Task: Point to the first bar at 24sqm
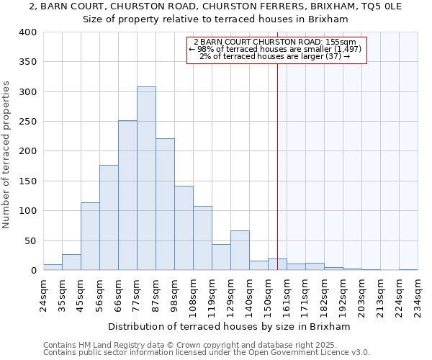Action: tap(53, 267)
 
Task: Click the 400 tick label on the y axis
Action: tap(27, 32)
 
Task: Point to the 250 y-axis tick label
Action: tap(27, 122)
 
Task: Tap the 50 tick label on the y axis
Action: tap(30, 240)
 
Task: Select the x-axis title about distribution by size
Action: tap(228, 326)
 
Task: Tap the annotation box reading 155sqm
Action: tap(277, 50)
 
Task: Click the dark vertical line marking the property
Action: tap(277, 166)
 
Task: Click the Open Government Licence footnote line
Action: tap(207, 352)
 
